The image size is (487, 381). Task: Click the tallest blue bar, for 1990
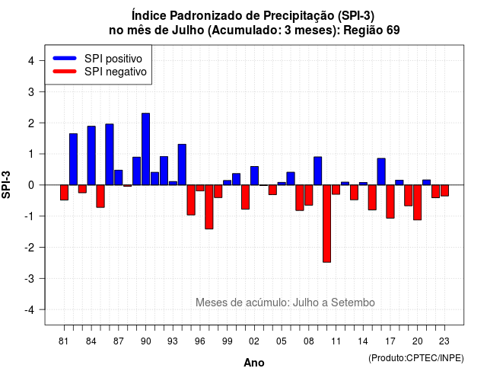click(x=145, y=149)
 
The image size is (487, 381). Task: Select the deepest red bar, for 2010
click(x=326, y=223)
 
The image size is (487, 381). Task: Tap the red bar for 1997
click(x=209, y=207)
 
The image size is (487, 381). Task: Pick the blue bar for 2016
click(x=381, y=171)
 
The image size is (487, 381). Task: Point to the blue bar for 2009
click(x=318, y=171)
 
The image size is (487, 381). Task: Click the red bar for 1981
click(x=64, y=193)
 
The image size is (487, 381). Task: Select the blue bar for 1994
click(x=182, y=165)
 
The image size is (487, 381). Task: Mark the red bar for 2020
click(x=418, y=203)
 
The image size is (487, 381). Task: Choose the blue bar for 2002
click(x=254, y=176)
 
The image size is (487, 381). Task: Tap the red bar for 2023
click(x=444, y=190)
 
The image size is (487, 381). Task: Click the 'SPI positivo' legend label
click(x=113, y=59)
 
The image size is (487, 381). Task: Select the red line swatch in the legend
click(x=65, y=72)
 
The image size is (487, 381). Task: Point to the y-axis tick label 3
click(x=31, y=92)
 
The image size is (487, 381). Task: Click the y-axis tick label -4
click(x=30, y=310)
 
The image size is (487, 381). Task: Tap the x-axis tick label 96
click(x=200, y=341)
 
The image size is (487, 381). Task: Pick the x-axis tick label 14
click(x=362, y=341)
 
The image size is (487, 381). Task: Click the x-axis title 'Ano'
click(x=254, y=363)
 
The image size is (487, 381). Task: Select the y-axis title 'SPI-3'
click(x=6, y=184)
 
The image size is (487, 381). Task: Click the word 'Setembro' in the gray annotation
click(x=353, y=303)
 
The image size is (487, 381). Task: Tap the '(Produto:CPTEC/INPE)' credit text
click(x=416, y=358)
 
